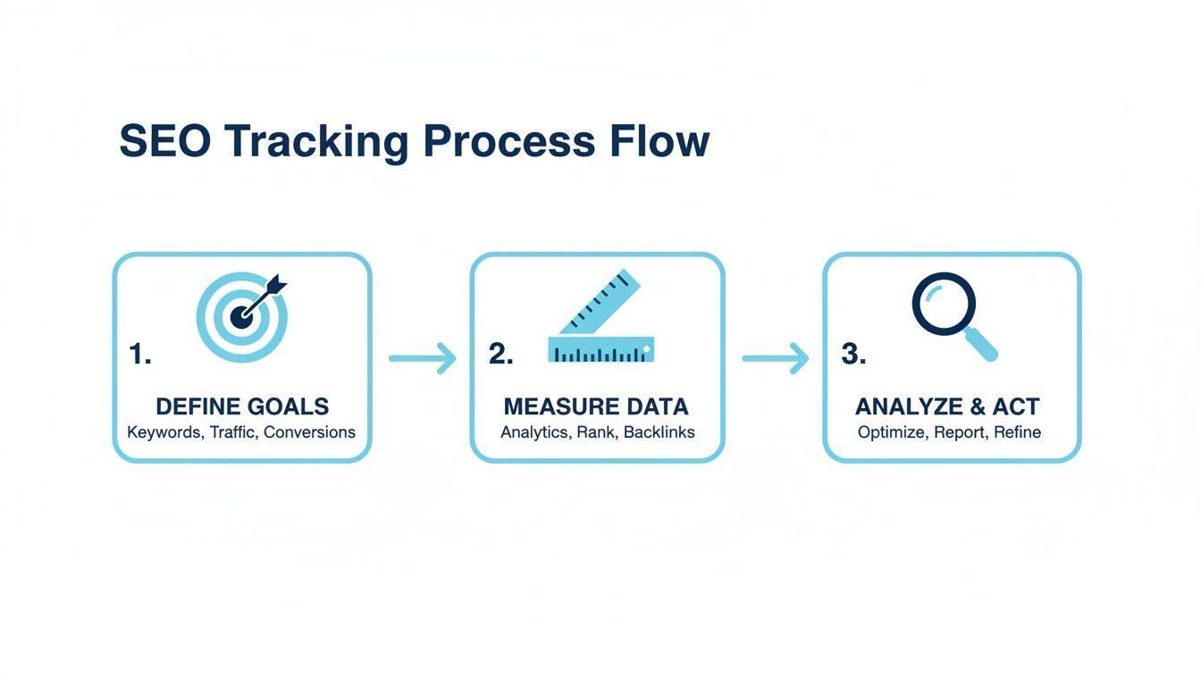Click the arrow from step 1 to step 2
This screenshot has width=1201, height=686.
tap(422, 358)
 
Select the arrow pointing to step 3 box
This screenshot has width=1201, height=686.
tap(775, 358)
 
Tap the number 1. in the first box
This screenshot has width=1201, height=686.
tap(140, 355)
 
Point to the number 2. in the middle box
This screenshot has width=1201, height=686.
tap(500, 355)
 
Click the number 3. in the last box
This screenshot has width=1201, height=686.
tap(854, 355)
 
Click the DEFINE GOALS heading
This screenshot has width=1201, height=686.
tap(242, 407)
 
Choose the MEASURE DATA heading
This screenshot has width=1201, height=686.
tap(596, 407)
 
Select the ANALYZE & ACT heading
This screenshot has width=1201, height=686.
tap(947, 407)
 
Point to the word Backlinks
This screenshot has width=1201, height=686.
tap(659, 432)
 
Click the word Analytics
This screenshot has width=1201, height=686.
tap(533, 432)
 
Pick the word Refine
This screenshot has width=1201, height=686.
tap(1017, 432)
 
